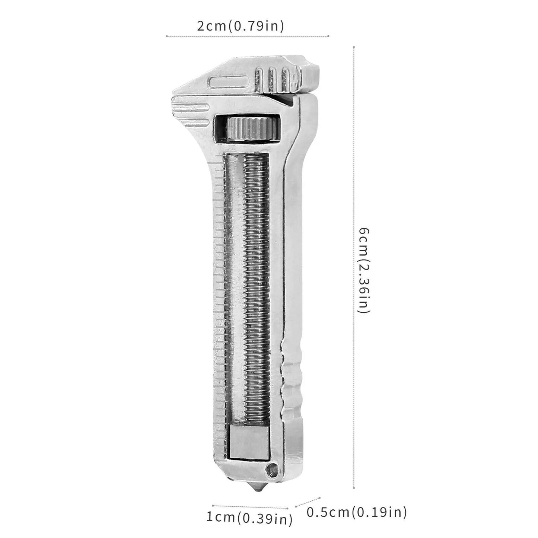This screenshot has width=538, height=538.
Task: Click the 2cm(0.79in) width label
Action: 240,26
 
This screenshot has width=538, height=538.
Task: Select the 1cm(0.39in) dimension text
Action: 249,518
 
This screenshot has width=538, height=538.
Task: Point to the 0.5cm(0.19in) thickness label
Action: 356,513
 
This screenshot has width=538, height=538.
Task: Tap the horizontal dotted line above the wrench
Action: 247,36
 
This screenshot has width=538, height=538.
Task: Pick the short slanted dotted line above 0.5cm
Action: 308,502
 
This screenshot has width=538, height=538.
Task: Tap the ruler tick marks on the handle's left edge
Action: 219,298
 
